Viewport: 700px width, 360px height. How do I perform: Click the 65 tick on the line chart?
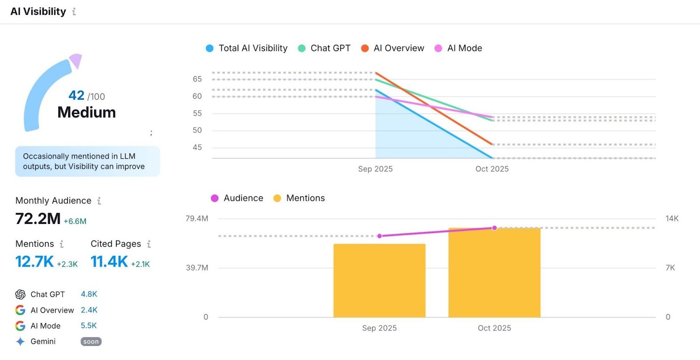(197, 79)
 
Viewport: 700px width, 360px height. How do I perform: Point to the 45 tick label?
(197, 147)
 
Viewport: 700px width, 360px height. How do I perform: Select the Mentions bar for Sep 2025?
(379, 280)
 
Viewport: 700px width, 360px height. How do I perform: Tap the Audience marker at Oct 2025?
(494, 228)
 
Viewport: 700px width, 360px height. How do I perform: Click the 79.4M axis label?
(197, 218)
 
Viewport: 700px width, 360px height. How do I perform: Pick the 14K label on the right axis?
(672, 218)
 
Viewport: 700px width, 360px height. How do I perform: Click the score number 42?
(77, 95)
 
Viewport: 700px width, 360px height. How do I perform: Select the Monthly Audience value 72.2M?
(38, 219)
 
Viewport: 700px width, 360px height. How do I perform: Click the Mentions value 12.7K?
(35, 262)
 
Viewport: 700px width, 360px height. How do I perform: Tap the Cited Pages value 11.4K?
(109, 262)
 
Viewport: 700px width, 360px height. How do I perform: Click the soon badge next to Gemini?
(91, 342)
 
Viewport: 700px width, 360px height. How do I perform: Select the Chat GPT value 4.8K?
(89, 294)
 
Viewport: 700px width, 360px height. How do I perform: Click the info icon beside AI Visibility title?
(74, 12)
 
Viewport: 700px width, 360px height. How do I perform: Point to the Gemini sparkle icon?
(20, 342)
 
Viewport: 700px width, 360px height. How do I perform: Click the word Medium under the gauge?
(87, 112)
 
